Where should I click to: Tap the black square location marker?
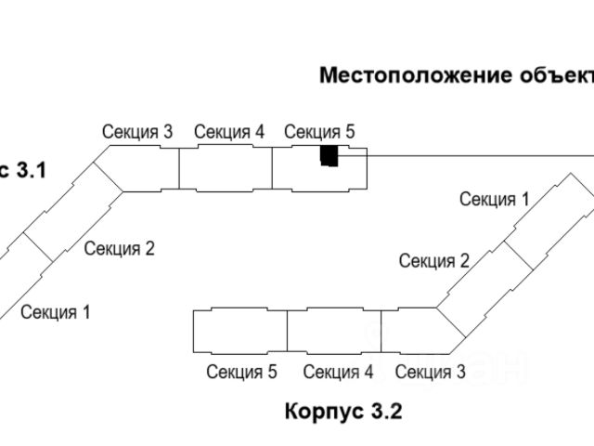[329, 156]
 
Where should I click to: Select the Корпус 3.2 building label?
[343, 411]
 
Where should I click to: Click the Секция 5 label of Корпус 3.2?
[241, 373]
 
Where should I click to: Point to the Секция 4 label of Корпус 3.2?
[338, 373]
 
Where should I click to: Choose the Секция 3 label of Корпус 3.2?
[430, 373]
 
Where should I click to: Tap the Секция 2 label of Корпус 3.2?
[434, 260]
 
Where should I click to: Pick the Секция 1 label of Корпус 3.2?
[494, 198]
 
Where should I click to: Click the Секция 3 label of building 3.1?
[137, 132]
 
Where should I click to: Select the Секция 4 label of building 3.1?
[229, 132]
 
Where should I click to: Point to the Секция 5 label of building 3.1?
[319, 132]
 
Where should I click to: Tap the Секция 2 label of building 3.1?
[119, 248]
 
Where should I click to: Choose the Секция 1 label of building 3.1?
[56, 312]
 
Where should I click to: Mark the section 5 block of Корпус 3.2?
[240, 332]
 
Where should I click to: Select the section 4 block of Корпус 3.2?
[334, 332]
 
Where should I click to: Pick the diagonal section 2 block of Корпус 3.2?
[473, 279]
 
